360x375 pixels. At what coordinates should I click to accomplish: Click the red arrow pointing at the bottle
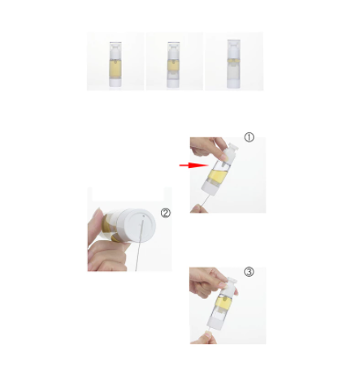193,165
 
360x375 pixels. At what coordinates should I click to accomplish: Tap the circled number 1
249,137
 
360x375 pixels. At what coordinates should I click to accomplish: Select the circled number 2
166,213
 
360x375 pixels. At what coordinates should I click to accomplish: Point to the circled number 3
249,272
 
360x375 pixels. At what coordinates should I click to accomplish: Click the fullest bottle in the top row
115,64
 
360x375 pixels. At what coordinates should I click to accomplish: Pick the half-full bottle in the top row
173,65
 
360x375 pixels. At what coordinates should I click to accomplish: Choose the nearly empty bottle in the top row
233,64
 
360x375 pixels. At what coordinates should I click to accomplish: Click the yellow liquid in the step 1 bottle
218,175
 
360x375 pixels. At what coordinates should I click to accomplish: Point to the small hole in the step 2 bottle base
144,216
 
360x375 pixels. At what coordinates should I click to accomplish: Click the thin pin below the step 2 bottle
139,246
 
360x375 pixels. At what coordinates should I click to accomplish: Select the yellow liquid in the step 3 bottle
223,304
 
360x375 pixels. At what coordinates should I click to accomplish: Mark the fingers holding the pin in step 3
205,338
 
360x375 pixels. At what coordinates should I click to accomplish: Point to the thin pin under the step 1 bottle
206,200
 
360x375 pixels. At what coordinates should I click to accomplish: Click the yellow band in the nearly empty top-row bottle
233,61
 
